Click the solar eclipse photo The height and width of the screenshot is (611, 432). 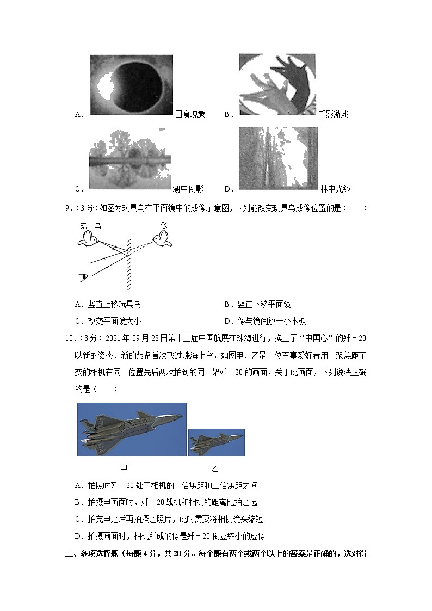[131, 85]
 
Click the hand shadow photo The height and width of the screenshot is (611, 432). [277, 84]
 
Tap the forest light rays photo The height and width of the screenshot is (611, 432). [278, 158]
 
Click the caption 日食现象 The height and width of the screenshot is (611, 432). [190, 114]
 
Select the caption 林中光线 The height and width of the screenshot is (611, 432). [335, 189]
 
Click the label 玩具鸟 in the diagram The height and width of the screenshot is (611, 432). [90, 225]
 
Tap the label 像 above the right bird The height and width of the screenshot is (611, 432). [164, 225]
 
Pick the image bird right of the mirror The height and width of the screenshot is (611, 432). [163, 239]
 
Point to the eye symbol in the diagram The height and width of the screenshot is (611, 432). [84, 277]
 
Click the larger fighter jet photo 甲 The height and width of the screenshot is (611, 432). [132, 429]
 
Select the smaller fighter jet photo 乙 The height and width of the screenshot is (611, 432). [216, 442]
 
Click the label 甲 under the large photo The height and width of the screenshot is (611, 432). [124, 467]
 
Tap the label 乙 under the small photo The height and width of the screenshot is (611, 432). [215, 468]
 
